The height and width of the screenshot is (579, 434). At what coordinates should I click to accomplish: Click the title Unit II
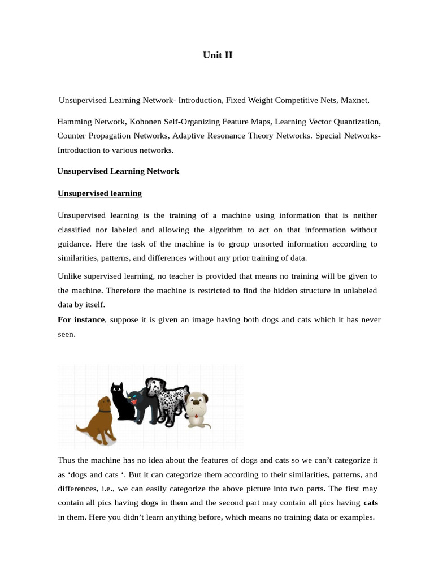coord(218,55)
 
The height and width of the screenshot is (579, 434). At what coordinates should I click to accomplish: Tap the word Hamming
coord(75,122)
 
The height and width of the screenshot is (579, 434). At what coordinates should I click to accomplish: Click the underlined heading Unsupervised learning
coord(99,193)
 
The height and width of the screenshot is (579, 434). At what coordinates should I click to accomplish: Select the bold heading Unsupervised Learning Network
coord(118,171)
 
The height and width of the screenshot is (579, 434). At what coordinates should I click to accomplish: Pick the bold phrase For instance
coord(81,319)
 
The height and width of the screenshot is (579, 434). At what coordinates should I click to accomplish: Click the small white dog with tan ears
coord(197,409)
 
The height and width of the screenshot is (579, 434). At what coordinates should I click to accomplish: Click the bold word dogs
coord(149,502)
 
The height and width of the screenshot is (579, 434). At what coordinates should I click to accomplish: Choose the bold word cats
coord(371,502)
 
